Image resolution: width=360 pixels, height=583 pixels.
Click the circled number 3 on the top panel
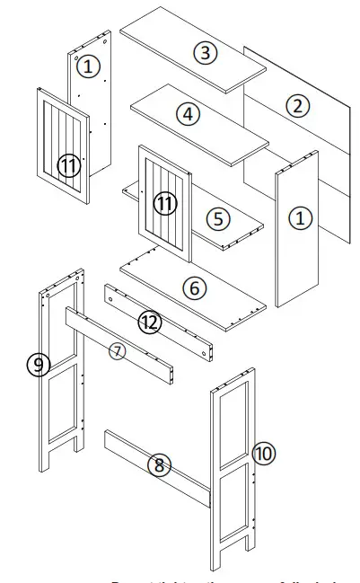click(206, 53)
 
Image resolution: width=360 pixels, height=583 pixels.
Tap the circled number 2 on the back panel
click(297, 105)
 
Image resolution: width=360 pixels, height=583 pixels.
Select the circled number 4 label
click(188, 114)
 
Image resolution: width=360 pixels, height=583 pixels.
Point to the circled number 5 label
click(216, 218)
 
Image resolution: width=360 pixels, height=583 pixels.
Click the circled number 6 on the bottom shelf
click(194, 288)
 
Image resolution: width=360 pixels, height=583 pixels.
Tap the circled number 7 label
click(118, 350)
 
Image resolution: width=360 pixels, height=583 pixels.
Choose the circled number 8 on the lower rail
click(159, 464)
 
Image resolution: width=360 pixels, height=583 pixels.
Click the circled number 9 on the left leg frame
click(38, 364)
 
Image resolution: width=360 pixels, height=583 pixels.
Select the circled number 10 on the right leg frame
click(263, 453)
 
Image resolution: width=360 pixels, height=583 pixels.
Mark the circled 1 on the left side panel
click(87, 66)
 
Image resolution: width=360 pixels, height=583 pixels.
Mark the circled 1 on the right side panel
click(300, 217)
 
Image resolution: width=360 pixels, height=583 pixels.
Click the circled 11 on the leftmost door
click(68, 165)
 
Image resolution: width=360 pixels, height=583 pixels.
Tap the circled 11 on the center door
click(164, 203)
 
